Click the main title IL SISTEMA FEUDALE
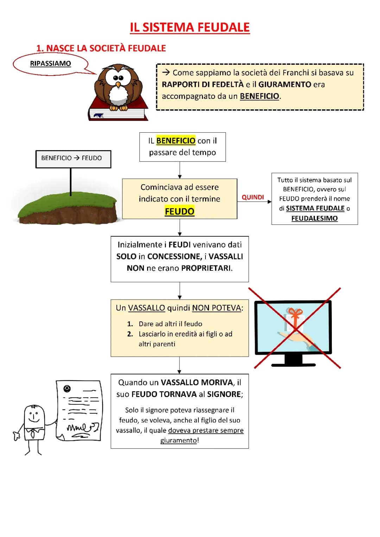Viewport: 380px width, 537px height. click(x=190, y=27)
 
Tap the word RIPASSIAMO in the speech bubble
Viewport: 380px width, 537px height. click(x=50, y=64)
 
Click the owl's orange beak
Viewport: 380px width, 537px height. click(x=118, y=84)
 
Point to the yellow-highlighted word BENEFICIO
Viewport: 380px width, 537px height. click(x=176, y=141)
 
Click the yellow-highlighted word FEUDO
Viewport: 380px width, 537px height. click(x=179, y=211)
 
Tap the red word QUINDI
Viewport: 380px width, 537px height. click(x=253, y=197)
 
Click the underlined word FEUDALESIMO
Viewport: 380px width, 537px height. click(x=314, y=218)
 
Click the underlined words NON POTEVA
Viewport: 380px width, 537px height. click(x=216, y=308)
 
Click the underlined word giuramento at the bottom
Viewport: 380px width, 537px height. click(x=178, y=441)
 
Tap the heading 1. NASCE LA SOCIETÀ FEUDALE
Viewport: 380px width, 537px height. click(x=101, y=48)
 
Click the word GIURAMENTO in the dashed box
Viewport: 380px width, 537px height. click(x=285, y=84)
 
